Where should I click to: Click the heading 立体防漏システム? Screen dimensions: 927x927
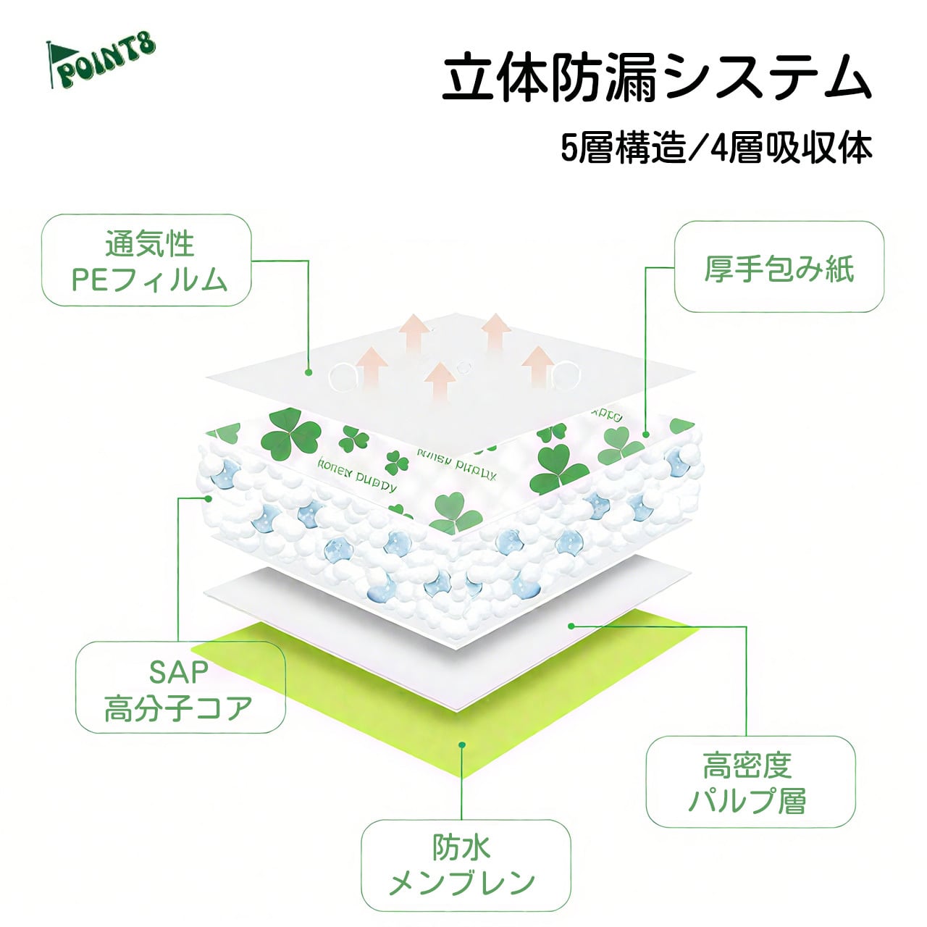coord(656,77)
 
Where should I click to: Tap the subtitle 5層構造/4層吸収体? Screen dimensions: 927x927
coord(716,148)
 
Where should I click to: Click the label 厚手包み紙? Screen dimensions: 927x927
coord(779,267)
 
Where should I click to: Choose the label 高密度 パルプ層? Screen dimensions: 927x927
coord(749,783)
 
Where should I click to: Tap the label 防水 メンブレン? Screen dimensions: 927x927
coord(463,865)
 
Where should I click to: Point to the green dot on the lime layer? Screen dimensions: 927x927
coord(463,744)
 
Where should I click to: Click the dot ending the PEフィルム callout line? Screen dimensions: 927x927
coord(309,372)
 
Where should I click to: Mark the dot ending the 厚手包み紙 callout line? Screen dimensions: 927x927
coord(645,435)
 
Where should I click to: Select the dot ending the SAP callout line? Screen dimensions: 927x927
coord(209,498)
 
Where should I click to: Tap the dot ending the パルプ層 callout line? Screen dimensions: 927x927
coord(571,625)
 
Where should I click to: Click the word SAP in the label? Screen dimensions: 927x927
coord(178,672)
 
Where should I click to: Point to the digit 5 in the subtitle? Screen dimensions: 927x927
coord(569,149)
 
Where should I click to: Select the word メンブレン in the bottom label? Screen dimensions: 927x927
coord(463,882)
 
